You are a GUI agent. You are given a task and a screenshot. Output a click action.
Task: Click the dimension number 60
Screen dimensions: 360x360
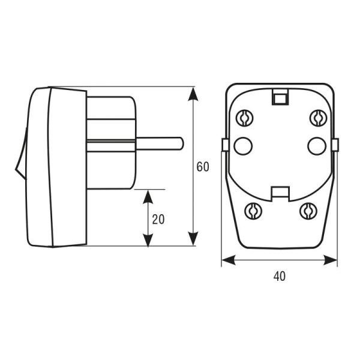click(x=203, y=167)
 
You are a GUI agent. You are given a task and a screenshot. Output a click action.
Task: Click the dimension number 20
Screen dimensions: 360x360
click(x=158, y=219)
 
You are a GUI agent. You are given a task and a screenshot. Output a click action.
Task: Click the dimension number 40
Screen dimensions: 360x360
click(x=280, y=276)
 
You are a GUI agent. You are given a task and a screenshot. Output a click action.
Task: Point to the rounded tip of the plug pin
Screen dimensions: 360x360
click(x=181, y=143)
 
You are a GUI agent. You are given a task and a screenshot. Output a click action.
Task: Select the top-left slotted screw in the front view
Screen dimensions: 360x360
click(x=245, y=118)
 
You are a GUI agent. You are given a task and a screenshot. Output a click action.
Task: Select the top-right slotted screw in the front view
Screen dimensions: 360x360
click(x=318, y=118)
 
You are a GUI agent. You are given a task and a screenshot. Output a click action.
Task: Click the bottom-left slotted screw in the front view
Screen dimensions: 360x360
click(x=253, y=211)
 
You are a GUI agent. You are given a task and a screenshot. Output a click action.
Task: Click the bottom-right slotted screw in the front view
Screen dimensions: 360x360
click(x=308, y=211)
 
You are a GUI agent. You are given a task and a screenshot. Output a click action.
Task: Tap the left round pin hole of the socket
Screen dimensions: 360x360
click(x=243, y=146)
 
